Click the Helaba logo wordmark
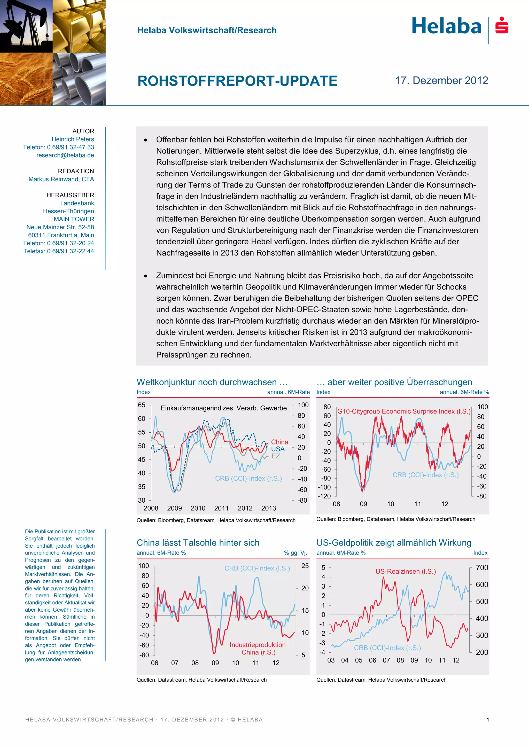tap(446, 26)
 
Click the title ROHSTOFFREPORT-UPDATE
tap(237, 81)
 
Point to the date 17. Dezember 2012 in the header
tap(441, 81)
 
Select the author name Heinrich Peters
tap(73, 139)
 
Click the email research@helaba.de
tap(65, 155)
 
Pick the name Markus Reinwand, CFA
tap(61, 179)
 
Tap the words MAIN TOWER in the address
tap(74, 219)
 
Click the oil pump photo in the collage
tap(26, 26)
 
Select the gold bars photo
tap(79, 26)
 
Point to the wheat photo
tap(26, 79)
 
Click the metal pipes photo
tap(79, 79)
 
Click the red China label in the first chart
tap(279, 442)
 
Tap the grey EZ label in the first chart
tap(276, 456)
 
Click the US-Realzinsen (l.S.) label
tap(406, 571)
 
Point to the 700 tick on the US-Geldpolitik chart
tap(482, 567)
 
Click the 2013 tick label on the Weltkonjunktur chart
tap(268, 508)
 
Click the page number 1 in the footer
tap(487, 720)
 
